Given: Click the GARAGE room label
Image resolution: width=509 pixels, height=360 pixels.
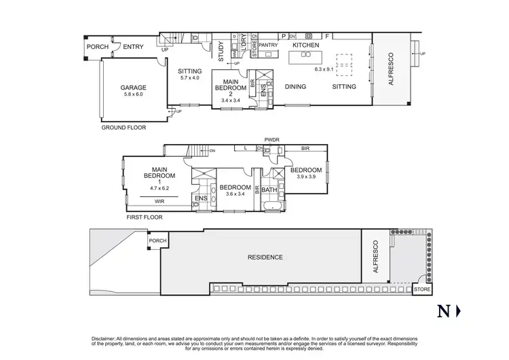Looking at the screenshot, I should coord(134,88).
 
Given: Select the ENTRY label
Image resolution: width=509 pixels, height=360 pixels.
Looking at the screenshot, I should coord(132,46).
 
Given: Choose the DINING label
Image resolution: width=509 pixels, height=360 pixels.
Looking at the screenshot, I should coord(295,87).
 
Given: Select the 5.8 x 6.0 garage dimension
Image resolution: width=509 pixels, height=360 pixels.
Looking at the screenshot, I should coord(134,94).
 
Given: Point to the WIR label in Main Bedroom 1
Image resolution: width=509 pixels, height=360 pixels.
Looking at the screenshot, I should coord(158,201).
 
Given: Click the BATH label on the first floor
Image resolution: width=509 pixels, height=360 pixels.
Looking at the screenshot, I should coord(269,190).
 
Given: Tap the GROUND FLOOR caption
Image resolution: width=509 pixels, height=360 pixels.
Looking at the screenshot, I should coord(124,127).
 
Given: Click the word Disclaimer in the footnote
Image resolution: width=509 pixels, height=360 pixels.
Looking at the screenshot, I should coord(106,338).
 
